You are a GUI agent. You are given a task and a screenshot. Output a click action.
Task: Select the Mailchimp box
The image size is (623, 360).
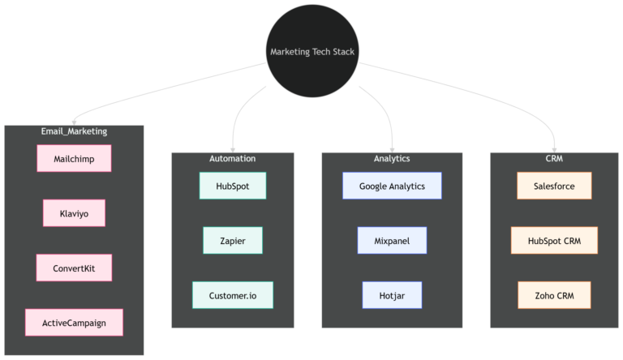(x=74, y=159)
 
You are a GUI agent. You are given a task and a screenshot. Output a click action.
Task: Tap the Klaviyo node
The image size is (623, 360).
(x=74, y=213)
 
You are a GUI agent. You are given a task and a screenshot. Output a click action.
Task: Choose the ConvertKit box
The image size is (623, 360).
(x=74, y=268)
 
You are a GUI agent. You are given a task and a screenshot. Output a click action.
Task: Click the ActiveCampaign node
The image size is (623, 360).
(x=74, y=323)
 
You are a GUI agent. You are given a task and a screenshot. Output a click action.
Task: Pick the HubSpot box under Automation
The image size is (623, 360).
(x=233, y=186)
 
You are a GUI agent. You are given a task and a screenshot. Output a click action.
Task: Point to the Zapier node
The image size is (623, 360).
(x=233, y=241)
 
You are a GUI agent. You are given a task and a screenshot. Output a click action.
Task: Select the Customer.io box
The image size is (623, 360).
(x=233, y=295)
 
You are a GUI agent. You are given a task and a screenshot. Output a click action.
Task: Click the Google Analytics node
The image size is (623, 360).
(x=392, y=186)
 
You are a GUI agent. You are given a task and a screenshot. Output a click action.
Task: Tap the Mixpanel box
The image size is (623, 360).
(x=392, y=241)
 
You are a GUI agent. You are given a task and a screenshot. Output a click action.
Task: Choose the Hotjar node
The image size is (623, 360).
(x=392, y=295)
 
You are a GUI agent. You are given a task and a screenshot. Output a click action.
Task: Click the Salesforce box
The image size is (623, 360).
(x=554, y=186)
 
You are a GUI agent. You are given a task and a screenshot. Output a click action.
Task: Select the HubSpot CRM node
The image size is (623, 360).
(x=554, y=241)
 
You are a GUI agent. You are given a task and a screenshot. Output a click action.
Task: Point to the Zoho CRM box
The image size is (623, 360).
(x=554, y=295)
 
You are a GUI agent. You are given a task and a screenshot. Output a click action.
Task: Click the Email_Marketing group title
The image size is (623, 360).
(x=74, y=131)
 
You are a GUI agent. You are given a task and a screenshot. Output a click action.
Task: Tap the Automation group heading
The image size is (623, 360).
(x=233, y=158)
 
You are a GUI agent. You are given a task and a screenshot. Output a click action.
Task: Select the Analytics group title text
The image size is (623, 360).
(x=392, y=158)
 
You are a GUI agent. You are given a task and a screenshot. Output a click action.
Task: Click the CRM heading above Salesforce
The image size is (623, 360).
(x=554, y=158)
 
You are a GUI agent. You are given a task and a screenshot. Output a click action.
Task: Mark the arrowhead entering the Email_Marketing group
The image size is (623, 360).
(x=75, y=121)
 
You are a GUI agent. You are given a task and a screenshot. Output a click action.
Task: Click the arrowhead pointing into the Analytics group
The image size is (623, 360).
(x=392, y=148)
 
